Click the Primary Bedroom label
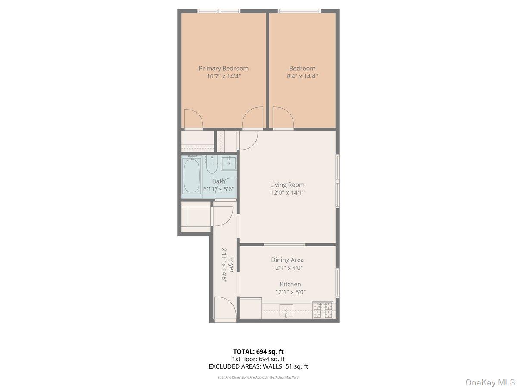point(223,68)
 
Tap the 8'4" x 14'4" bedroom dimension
point(302,76)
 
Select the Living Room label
point(287,185)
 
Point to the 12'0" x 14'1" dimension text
point(287,193)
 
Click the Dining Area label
point(287,260)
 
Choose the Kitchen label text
point(290,284)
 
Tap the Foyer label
point(231,265)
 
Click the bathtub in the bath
point(192,176)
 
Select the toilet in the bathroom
point(211,164)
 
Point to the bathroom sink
point(228,163)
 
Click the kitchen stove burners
point(323,310)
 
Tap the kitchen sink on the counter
point(287,310)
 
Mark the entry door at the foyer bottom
point(225,310)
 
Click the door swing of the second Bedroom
point(283,118)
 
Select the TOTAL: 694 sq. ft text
point(258,351)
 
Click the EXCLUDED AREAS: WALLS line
point(258,366)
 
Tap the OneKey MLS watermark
point(491,382)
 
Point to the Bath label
point(218,181)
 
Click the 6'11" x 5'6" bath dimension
point(218,189)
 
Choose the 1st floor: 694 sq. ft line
point(258,359)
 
